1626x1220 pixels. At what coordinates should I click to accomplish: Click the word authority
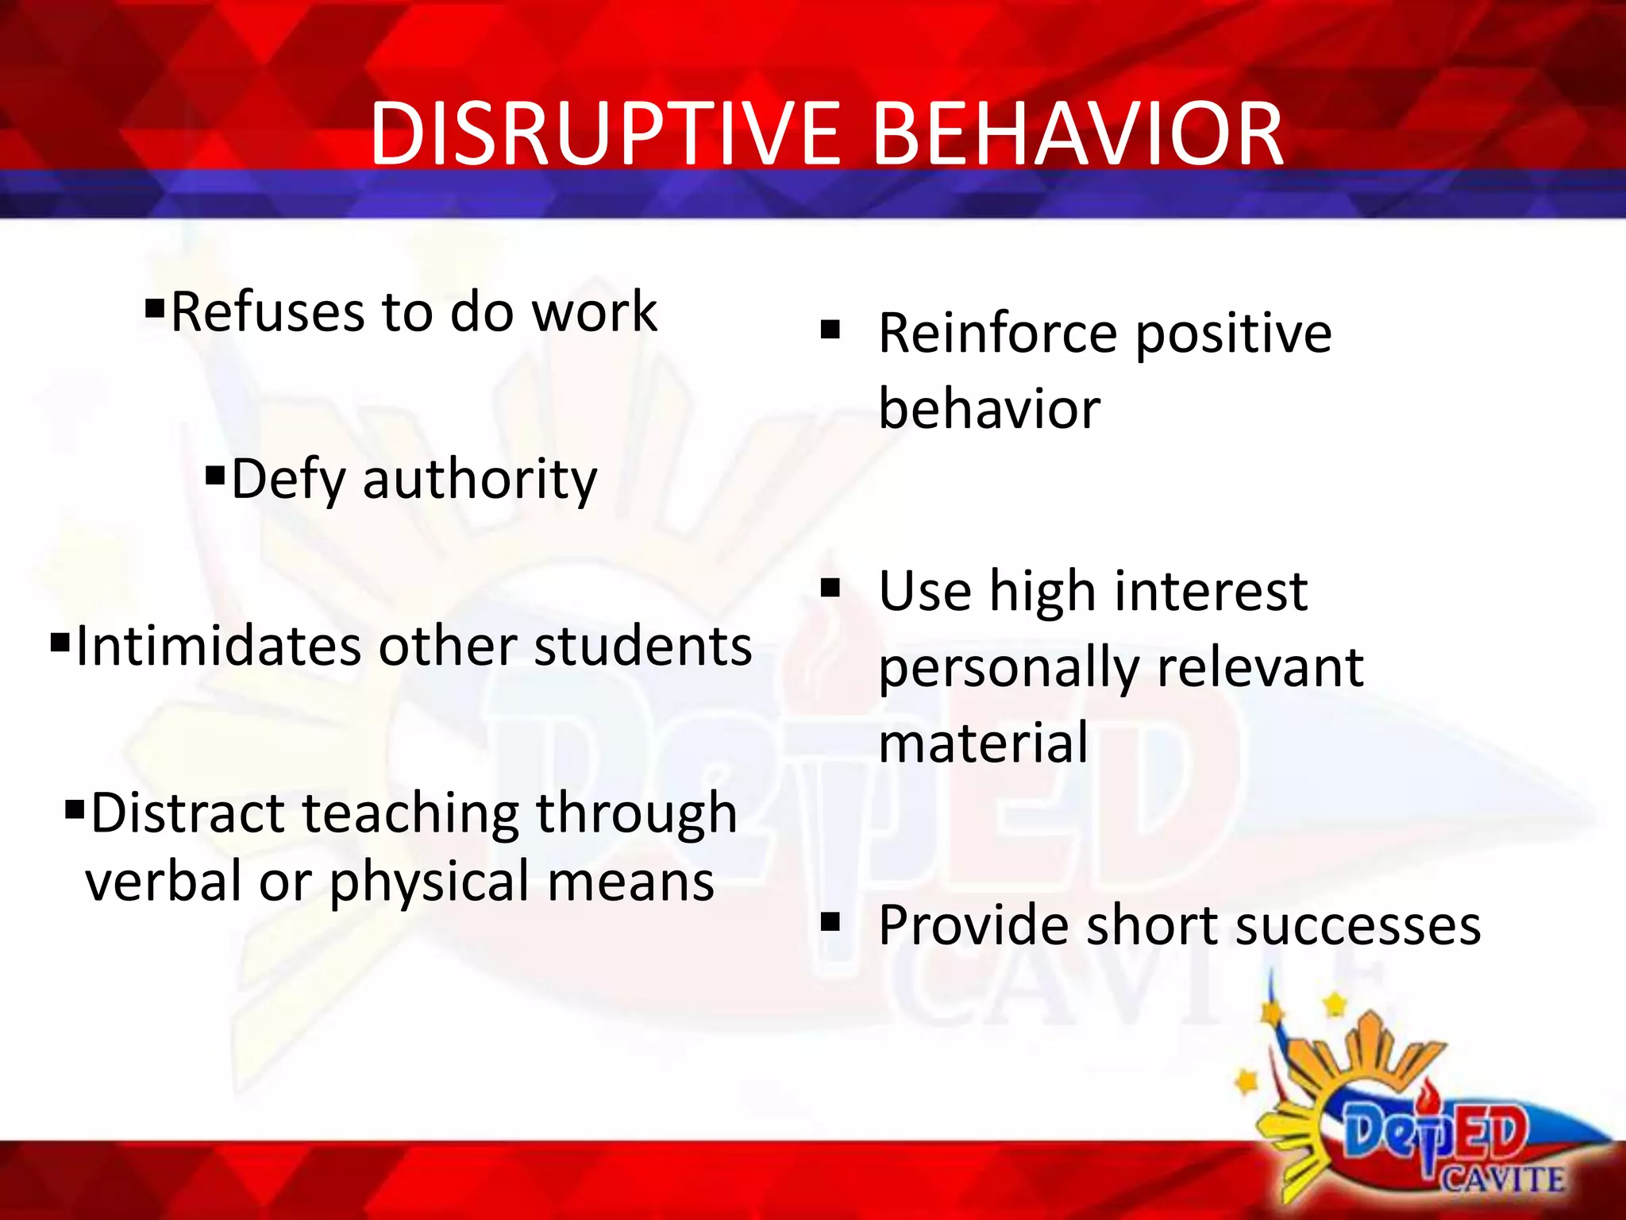[480, 481]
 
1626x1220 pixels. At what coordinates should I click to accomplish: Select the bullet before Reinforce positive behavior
[830, 329]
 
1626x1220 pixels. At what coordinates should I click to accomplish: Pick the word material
[983, 743]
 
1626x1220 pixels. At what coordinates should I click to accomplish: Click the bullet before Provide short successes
[830, 921]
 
